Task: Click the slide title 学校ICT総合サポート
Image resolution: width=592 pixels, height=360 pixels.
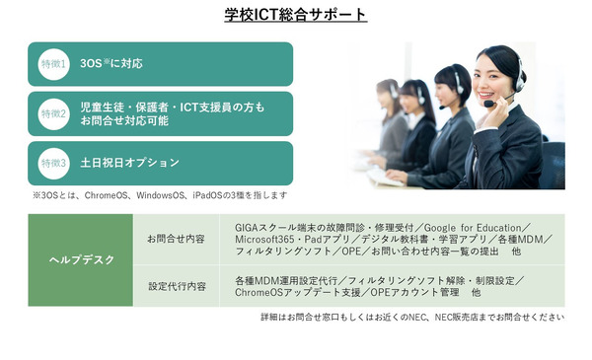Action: (x=296, y=15)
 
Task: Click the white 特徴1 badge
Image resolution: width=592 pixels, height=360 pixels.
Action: (x=54, y=64)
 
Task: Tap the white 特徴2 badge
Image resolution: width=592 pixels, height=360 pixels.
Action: (x=54, y=113)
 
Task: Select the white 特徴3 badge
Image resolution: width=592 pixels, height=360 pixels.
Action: (x=54, y=163)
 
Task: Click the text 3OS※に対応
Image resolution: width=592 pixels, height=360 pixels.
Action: (x=111, y=64)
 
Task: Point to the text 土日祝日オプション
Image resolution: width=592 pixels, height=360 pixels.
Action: (x=130, y=163)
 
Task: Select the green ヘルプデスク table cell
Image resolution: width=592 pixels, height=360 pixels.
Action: (x=81, y=260)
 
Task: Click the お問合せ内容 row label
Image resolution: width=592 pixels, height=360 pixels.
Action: (x=176, y=239)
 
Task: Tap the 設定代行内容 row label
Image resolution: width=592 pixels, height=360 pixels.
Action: (x=176, y=286)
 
